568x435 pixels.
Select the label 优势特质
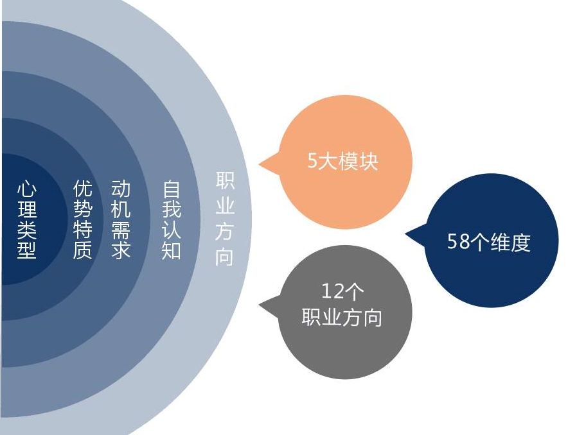[83, 220]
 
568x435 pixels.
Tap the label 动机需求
[121, 220]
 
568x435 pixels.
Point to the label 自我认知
[171, 220]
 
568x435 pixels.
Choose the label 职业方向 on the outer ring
[225, 218]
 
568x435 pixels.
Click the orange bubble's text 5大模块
[342, 161]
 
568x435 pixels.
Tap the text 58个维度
[489, 241]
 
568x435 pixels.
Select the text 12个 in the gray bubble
[342, 291]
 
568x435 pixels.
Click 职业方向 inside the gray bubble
[342, 318]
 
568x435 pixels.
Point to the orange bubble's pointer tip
[259, 164]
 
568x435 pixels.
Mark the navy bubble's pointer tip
[405, 234]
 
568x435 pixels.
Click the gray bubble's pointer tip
[259, 305]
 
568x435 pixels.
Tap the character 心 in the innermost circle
[27, 190]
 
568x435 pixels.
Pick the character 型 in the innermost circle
[27, 250]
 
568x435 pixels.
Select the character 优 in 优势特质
[83, 189]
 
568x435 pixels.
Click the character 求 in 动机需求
[121, 250]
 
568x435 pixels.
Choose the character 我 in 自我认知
[171, 210]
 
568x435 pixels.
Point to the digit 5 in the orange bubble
[312, 161]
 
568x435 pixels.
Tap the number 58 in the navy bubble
[458, 241]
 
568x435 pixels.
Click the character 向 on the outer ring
[224, 257]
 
